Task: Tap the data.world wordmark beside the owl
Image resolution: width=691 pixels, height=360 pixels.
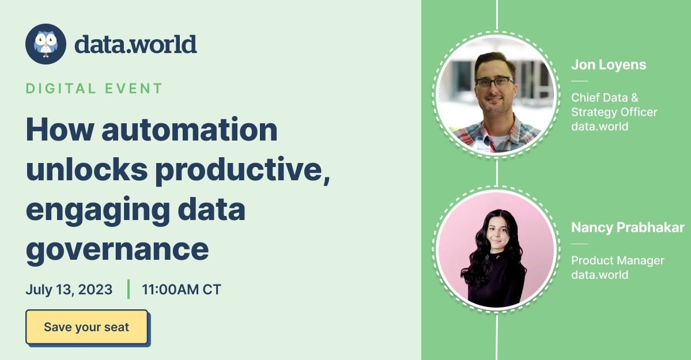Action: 135,44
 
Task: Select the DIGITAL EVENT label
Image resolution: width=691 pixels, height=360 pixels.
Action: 94,89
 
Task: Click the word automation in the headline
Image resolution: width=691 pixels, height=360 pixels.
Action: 190,131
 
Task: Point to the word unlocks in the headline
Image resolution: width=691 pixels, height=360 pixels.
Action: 90,170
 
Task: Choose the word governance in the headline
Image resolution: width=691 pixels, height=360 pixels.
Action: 117,249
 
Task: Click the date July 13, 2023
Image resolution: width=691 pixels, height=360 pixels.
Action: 69,289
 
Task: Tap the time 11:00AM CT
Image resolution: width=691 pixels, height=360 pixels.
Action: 182,289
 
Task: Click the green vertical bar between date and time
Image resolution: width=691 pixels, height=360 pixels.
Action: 128,289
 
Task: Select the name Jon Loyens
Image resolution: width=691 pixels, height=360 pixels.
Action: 609,65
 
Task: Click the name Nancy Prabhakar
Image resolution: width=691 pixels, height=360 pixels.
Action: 628,228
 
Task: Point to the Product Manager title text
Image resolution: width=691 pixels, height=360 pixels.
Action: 617,260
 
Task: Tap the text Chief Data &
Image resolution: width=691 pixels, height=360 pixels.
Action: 605,97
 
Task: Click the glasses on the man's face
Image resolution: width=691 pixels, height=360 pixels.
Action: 494,82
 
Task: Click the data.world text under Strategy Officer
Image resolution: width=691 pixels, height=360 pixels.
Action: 599,126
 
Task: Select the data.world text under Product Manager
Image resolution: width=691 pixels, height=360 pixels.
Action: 599,275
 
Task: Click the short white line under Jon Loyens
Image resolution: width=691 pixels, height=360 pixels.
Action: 579,81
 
